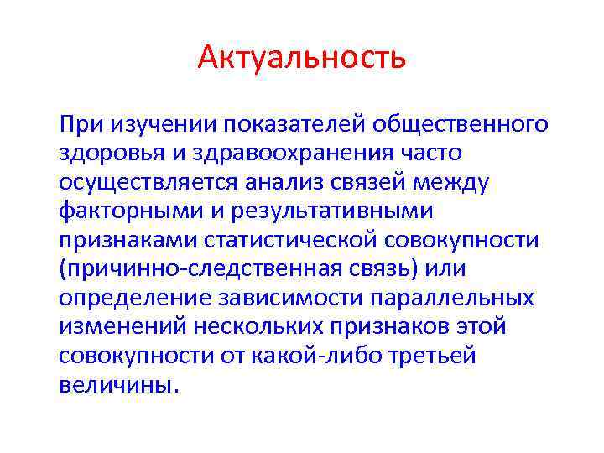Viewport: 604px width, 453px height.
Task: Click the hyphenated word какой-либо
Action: (x=321, y=357)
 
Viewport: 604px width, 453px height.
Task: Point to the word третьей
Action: (x=434, y=357)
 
